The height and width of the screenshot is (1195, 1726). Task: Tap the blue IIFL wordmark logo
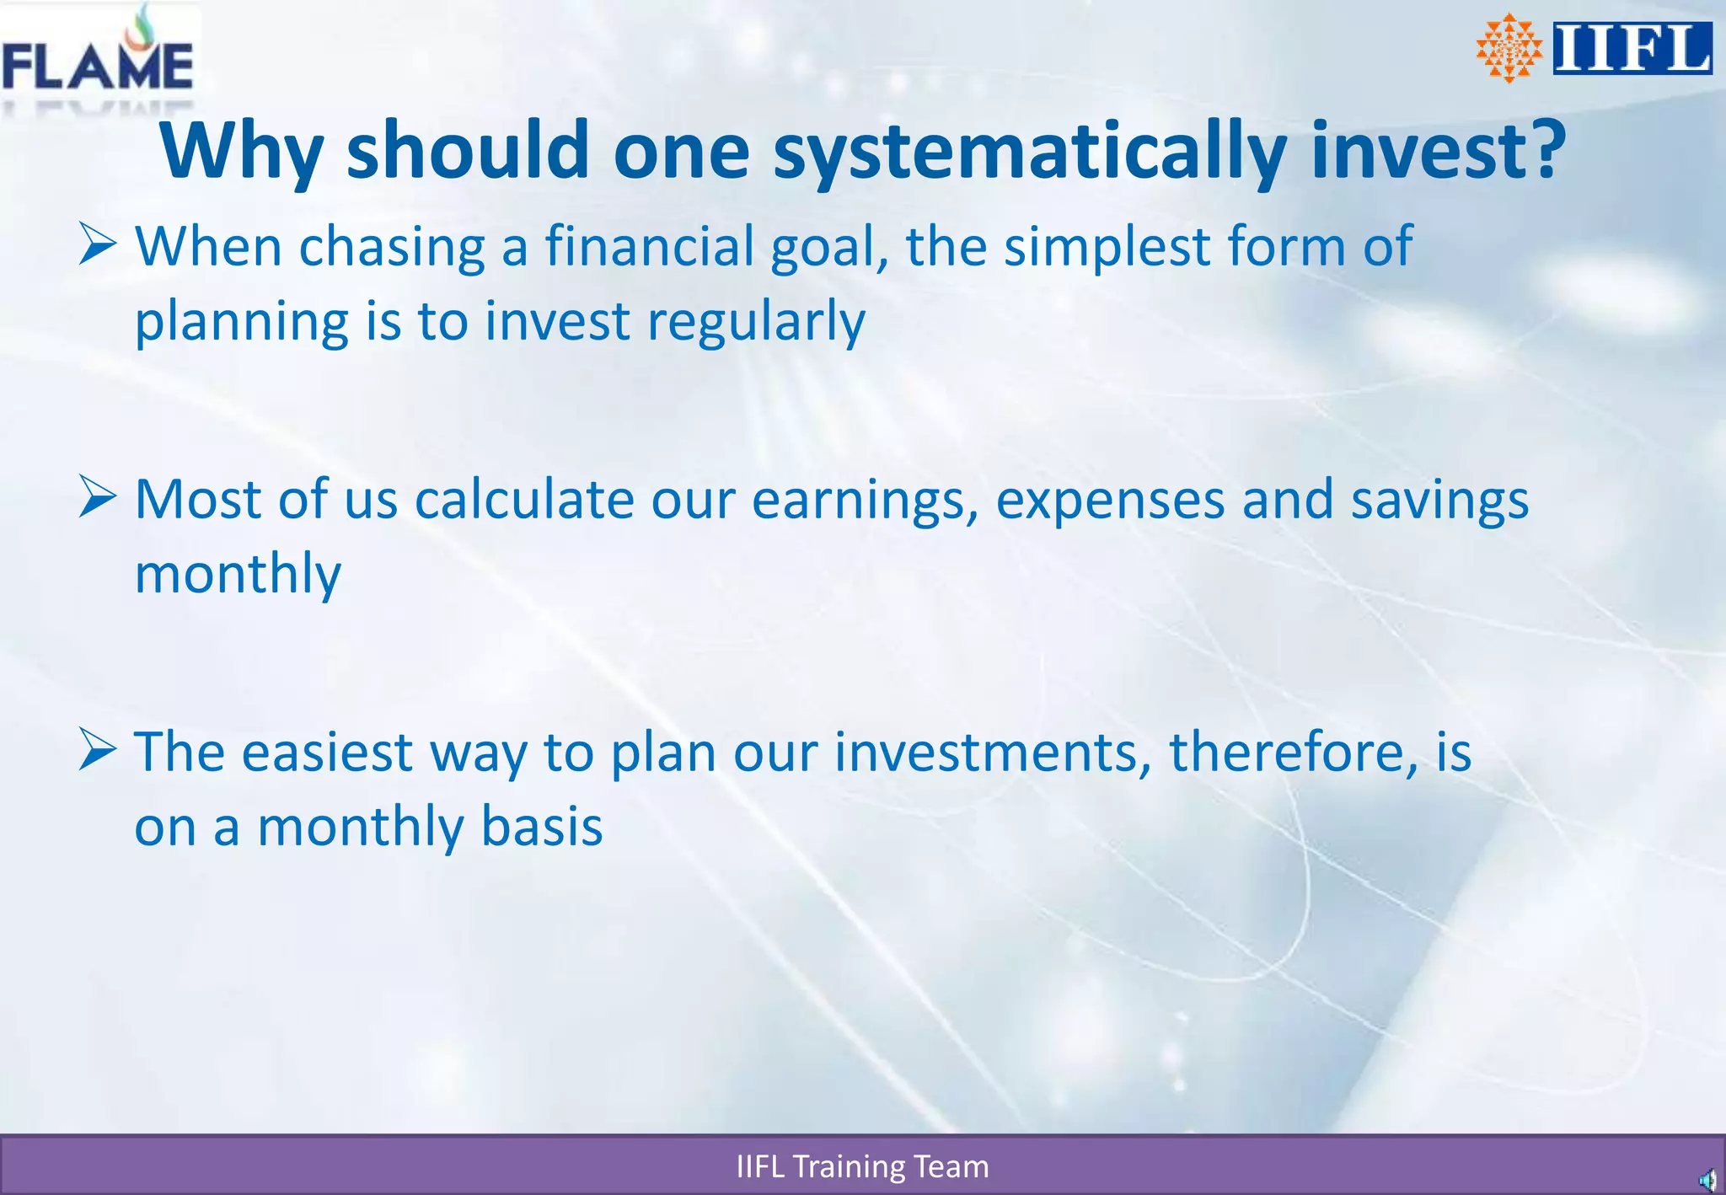pyautogui.click(x=1632, y=49)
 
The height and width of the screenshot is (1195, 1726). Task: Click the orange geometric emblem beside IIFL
pyautogui.click(x=1509, y=48)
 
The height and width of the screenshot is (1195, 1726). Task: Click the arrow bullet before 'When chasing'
pyautogui.click(x=97, y=244)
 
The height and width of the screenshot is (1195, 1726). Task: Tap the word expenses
pyautogui.click(x=1111, y=500)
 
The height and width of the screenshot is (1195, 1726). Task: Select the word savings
pyautogui.click(x=1439, y=500)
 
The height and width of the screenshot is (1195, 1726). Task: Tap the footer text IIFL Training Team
pyautogui.click(x=862, y=1166)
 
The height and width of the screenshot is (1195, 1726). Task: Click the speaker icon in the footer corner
pyautogui.click(x=1707, y=1180)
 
